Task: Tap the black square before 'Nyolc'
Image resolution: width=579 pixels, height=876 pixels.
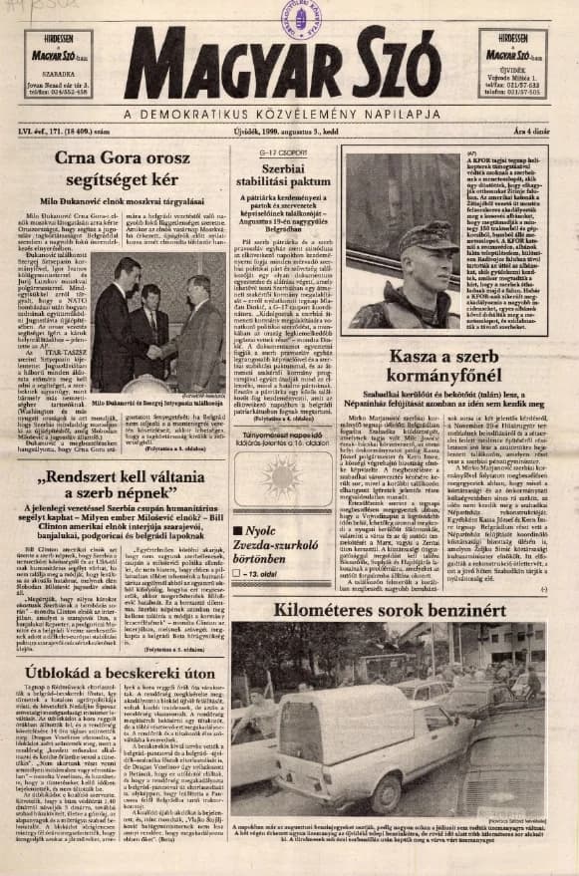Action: point(238,530)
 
